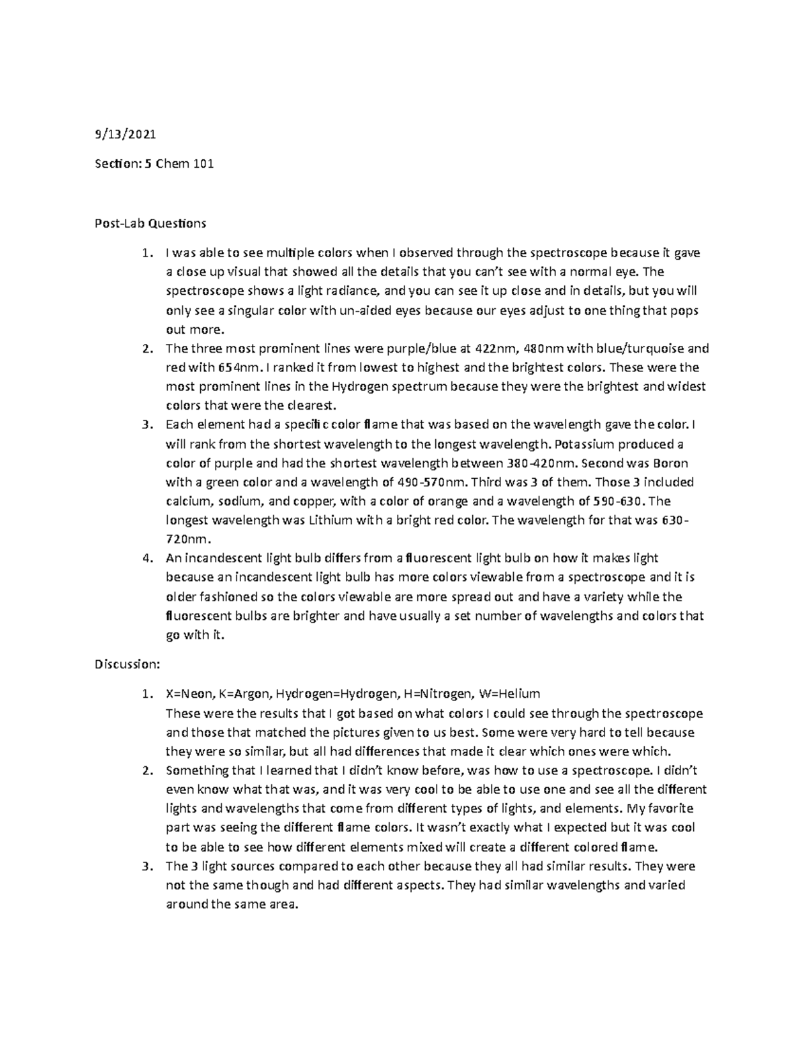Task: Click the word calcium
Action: [189, 501]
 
